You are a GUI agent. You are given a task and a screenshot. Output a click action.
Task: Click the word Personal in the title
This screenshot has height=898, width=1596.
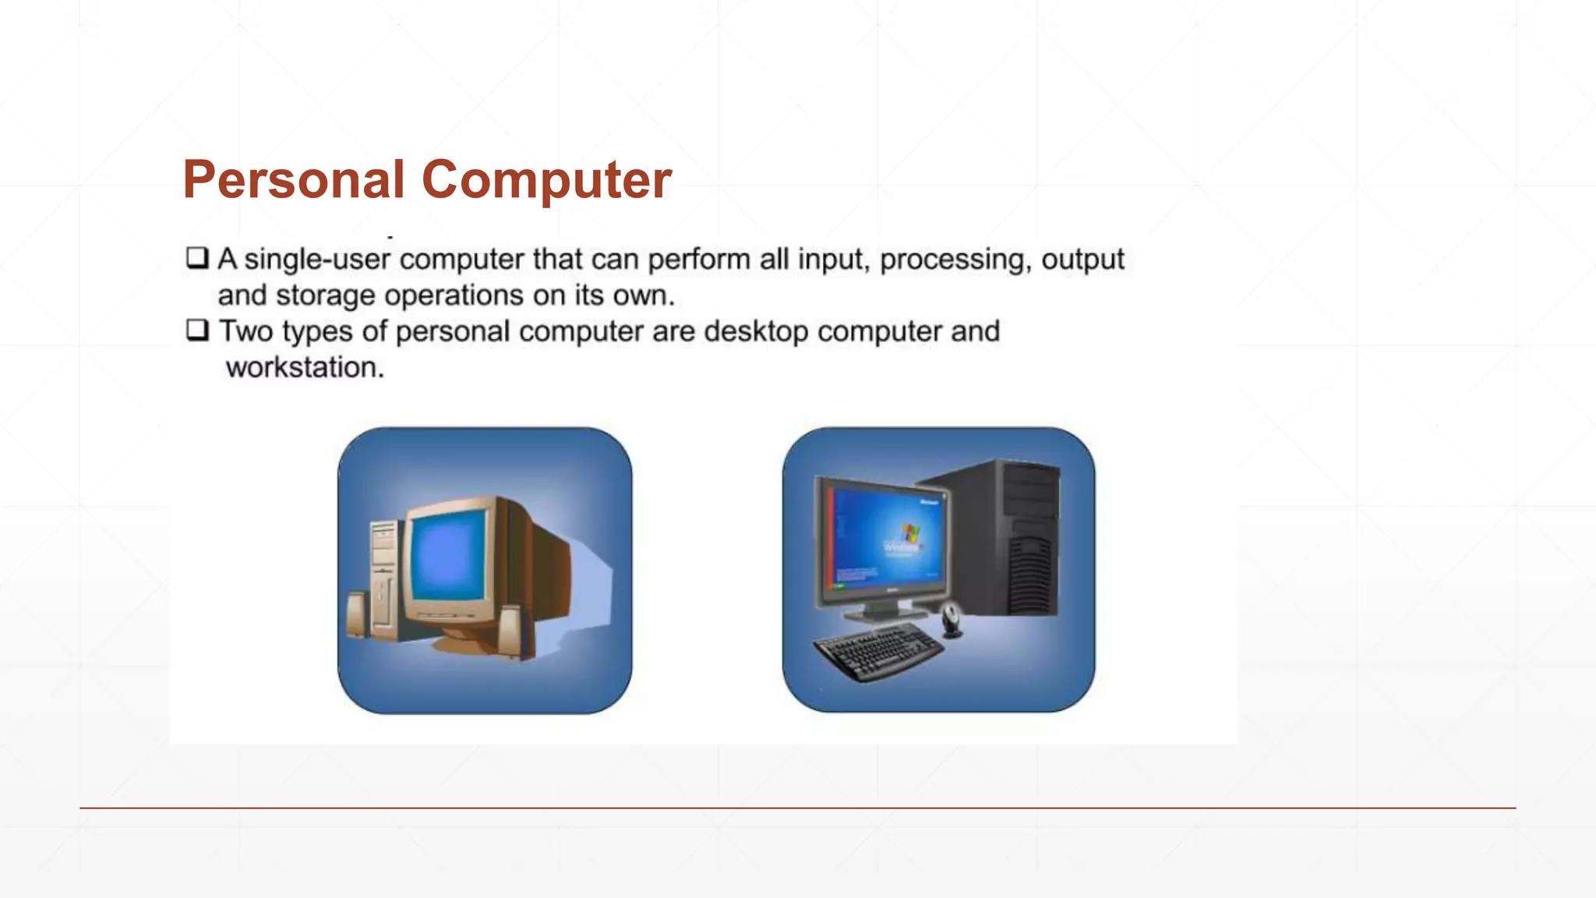click(x=293, y=180)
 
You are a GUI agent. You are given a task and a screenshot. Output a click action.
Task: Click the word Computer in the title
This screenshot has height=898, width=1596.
click(x=546, y=180)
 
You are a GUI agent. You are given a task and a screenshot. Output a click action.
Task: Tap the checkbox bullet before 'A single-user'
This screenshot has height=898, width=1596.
click(x=197, y=257)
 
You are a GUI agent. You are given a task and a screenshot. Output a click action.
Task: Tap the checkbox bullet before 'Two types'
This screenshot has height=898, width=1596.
click(x=197, y=330)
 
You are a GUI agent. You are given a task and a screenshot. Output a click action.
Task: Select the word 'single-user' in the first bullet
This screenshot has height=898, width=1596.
click(x=317, y=259)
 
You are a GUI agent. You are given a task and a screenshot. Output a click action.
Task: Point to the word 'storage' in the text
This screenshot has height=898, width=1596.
click(x=325, y=295)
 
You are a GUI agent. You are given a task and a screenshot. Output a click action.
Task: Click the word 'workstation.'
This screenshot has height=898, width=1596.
click(x=305, y=367)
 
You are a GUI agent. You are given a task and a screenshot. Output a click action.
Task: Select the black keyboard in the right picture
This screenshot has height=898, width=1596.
click(x=877, y=652)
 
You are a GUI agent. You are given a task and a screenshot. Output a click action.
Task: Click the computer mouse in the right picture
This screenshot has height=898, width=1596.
click(x=952, y=620)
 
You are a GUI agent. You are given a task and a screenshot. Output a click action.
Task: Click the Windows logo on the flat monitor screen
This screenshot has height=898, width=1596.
click(x=909, y=534)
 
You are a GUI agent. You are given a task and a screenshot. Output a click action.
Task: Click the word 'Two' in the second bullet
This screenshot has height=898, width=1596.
click(x=245, y=331)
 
